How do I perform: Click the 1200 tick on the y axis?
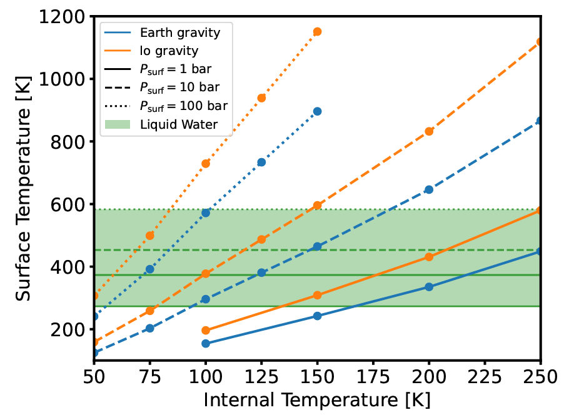click(62, 17)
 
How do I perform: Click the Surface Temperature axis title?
click(23, 190)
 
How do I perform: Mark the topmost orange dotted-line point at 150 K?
click(317, 32)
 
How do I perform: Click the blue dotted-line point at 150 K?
click(317, 111)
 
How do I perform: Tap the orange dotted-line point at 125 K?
click(261, 98)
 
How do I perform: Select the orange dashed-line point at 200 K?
click(429, 131)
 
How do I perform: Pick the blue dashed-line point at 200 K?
click(429, 189)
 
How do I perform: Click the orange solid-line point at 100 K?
click(206, 331)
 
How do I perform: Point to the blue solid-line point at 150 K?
click(317, 316)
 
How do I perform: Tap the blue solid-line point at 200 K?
click(429, 287)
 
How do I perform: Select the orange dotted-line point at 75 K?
click(150, 236)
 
